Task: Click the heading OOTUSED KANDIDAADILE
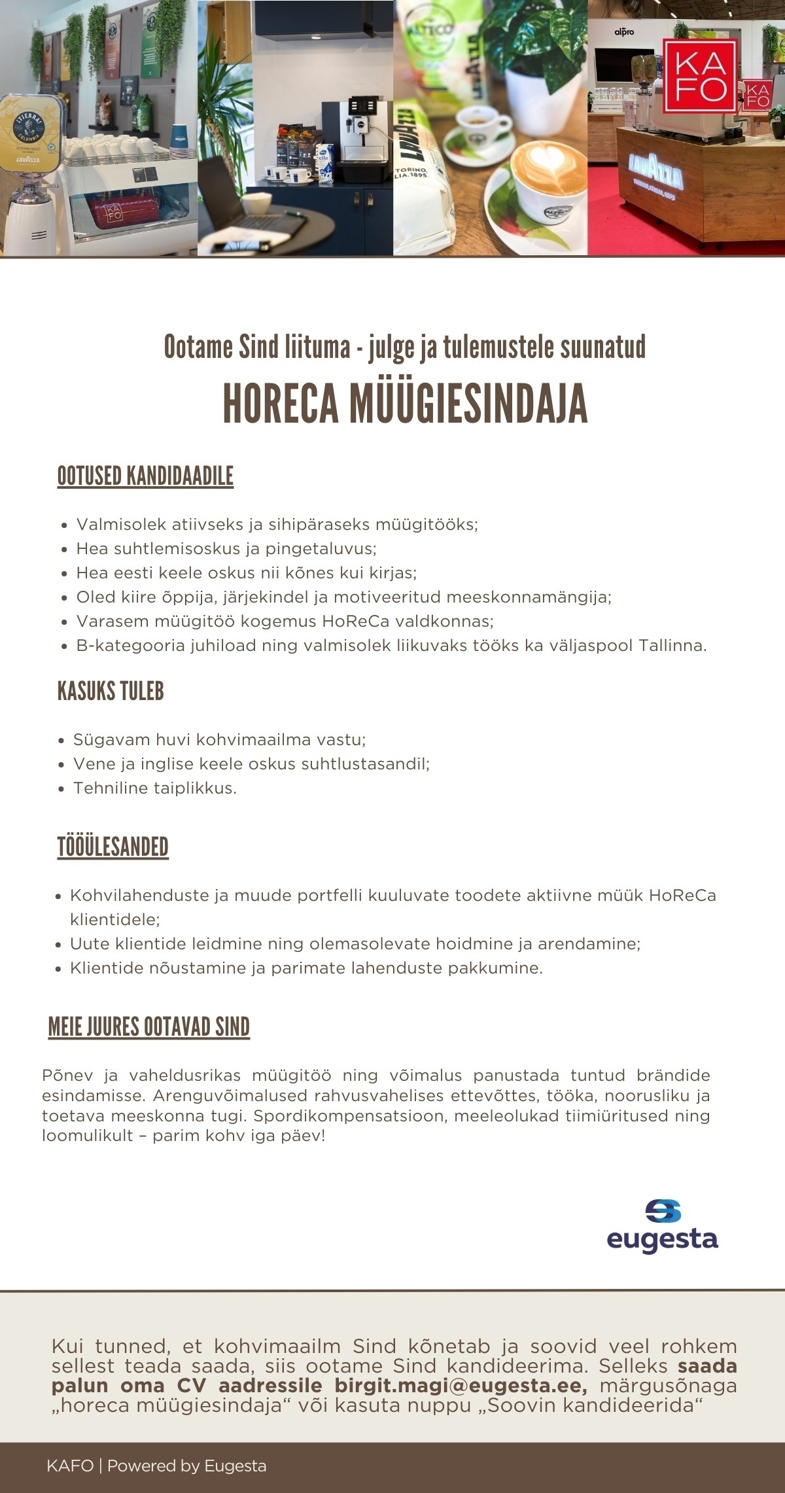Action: (x=145, y=476)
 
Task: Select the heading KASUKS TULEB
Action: (x=111, y=691)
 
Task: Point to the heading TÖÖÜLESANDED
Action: (x=113, y=847)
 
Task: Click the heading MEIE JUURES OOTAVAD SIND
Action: (x=149, y=1027)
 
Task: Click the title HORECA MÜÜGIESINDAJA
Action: (x=405, y=404)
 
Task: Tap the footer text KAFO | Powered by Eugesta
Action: (x=156, y=1466)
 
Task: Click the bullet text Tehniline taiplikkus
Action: (x=154, y=788)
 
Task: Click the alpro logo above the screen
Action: (x=624, y=31)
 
